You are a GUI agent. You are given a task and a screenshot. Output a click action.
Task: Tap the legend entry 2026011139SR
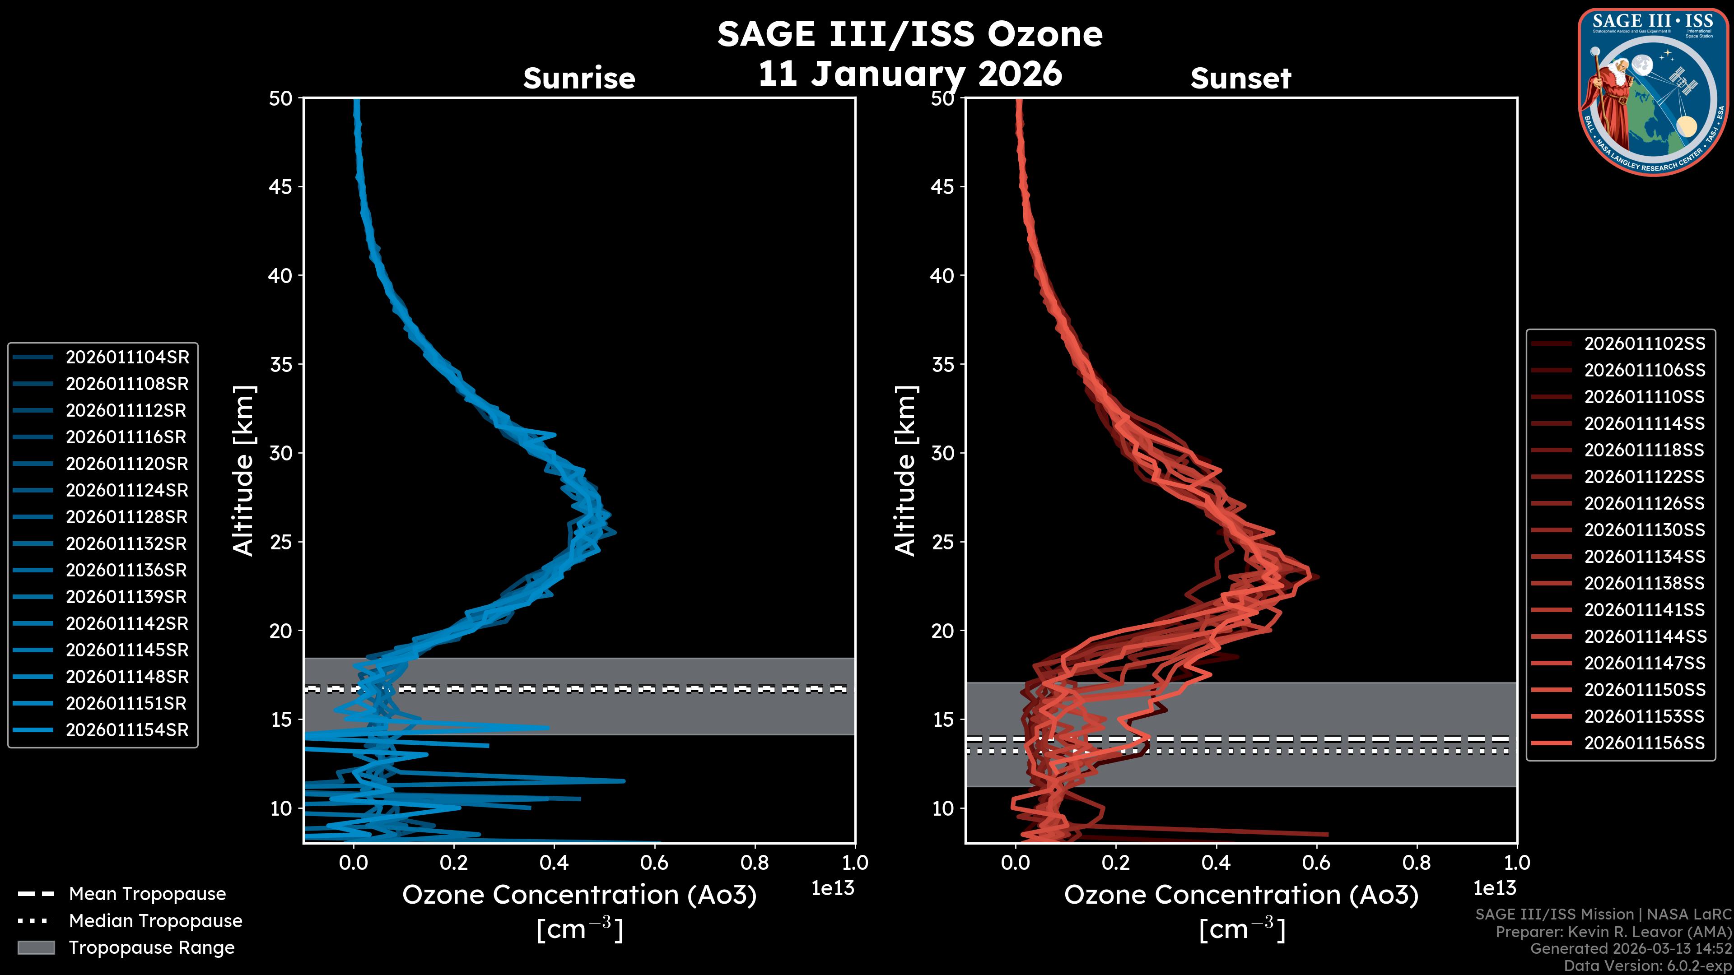coord(126,597)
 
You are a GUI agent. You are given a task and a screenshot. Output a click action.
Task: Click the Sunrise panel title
coord(579,79)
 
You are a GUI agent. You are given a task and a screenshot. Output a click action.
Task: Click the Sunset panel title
coord(1240,79)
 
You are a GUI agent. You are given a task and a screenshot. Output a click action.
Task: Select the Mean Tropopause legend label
coord(147,894)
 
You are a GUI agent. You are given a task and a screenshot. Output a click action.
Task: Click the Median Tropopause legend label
coord(155,921)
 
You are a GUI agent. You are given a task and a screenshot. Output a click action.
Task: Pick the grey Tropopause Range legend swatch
coord(36,947)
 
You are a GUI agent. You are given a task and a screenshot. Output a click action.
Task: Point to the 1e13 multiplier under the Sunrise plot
coord(833,888)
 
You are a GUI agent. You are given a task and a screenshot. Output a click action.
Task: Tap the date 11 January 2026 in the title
coord(910,73)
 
